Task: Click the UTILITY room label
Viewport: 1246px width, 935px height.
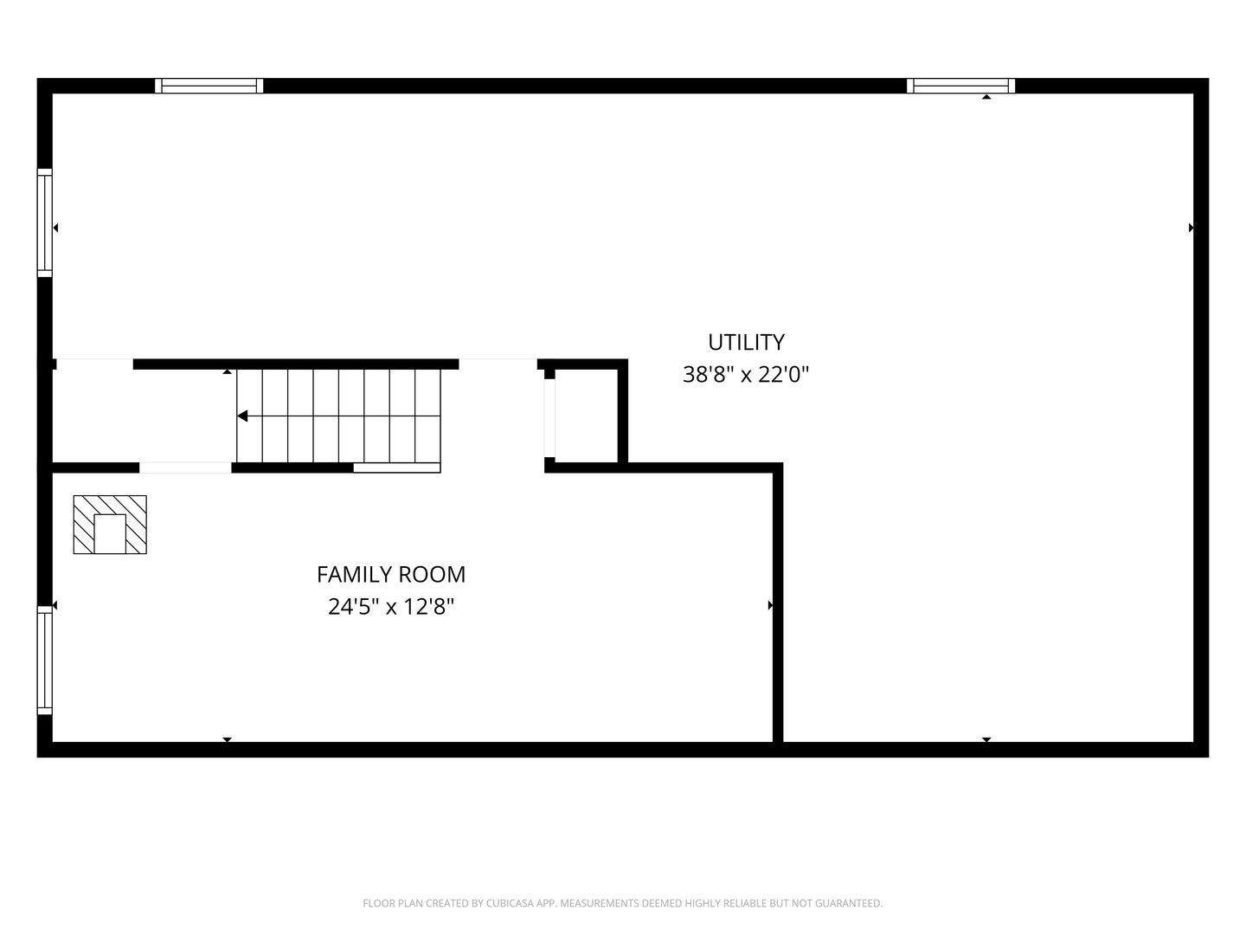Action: (x=746, y=342)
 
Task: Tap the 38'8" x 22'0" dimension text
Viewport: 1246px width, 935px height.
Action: (x=745, y=375)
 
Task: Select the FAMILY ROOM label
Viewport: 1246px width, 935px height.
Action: (x=391, y=575)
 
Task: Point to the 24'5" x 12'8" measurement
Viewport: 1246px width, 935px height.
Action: (x=391, y=607)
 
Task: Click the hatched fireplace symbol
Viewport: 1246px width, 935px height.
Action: (x=110, y=525)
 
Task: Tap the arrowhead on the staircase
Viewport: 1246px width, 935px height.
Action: (x=242, y=416)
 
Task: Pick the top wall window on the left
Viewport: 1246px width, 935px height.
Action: (x=209, y=86)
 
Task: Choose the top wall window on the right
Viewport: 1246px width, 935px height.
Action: (x=960, y=86)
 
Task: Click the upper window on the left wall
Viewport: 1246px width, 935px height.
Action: (x=45, y=222)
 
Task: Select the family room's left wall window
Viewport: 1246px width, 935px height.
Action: (x=45, y=661)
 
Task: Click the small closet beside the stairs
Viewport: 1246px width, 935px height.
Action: (x=586, y=416)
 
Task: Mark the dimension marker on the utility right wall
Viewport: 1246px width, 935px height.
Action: (x=1191, y=228)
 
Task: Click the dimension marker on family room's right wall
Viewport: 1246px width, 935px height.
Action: (x=770, y=605)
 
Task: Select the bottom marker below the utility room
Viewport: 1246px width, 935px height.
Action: (x=986, y=739)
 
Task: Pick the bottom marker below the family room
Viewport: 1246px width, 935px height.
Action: (x=227, y=739)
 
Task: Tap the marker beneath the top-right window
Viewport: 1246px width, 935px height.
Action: (x=986, y=97)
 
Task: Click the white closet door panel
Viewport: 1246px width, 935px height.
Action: (x=549, y=418)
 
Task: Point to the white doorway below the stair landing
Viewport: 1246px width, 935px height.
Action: (x=185, y=467)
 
